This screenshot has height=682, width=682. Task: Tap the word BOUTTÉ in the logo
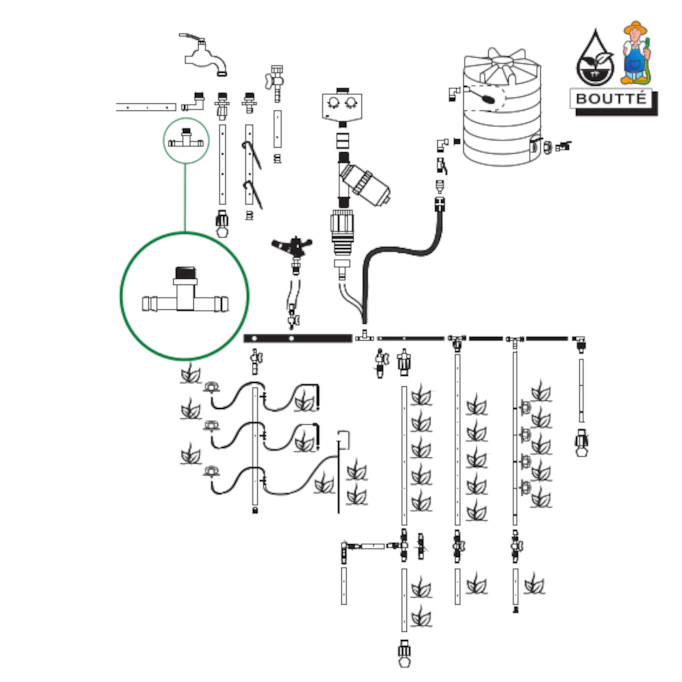coord(611,99)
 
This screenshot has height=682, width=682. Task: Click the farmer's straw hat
coord(635,27)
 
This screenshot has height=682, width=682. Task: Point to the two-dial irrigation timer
coord(342,105)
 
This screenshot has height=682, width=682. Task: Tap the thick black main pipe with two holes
coord(298,339)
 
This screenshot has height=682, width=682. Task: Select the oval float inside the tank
coord(487,99)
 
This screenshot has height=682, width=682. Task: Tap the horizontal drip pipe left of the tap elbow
coord(146,107)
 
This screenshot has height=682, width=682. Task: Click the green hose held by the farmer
coord(647,68)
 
